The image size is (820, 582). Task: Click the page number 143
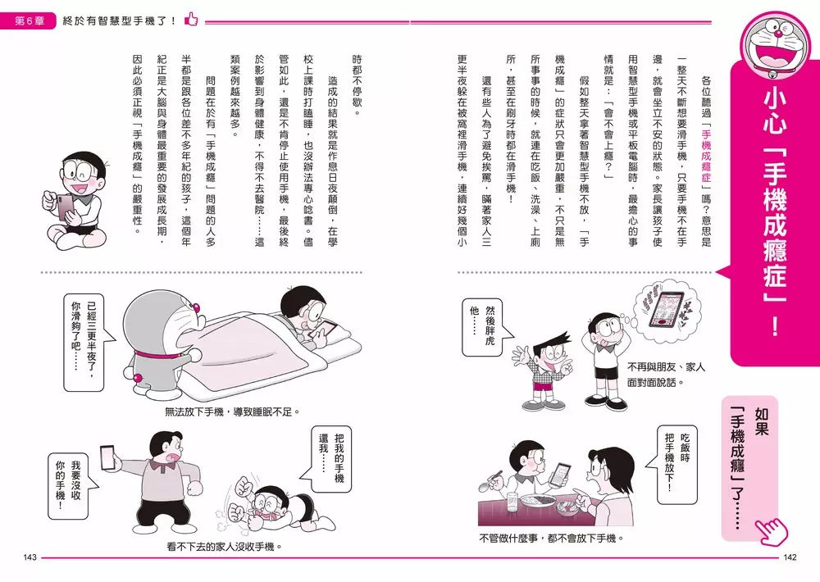pyautogui.click(x=30, y=558)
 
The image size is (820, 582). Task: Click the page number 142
pyautogui.click(x=790, y=558)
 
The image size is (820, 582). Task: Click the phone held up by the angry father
pyautogui.click(x=106, y=456)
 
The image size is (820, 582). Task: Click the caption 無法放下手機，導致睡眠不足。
pyautogui.click(x=233, y=412)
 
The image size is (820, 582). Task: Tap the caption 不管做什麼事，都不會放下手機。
pyautogui.click(x=551, y=539)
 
